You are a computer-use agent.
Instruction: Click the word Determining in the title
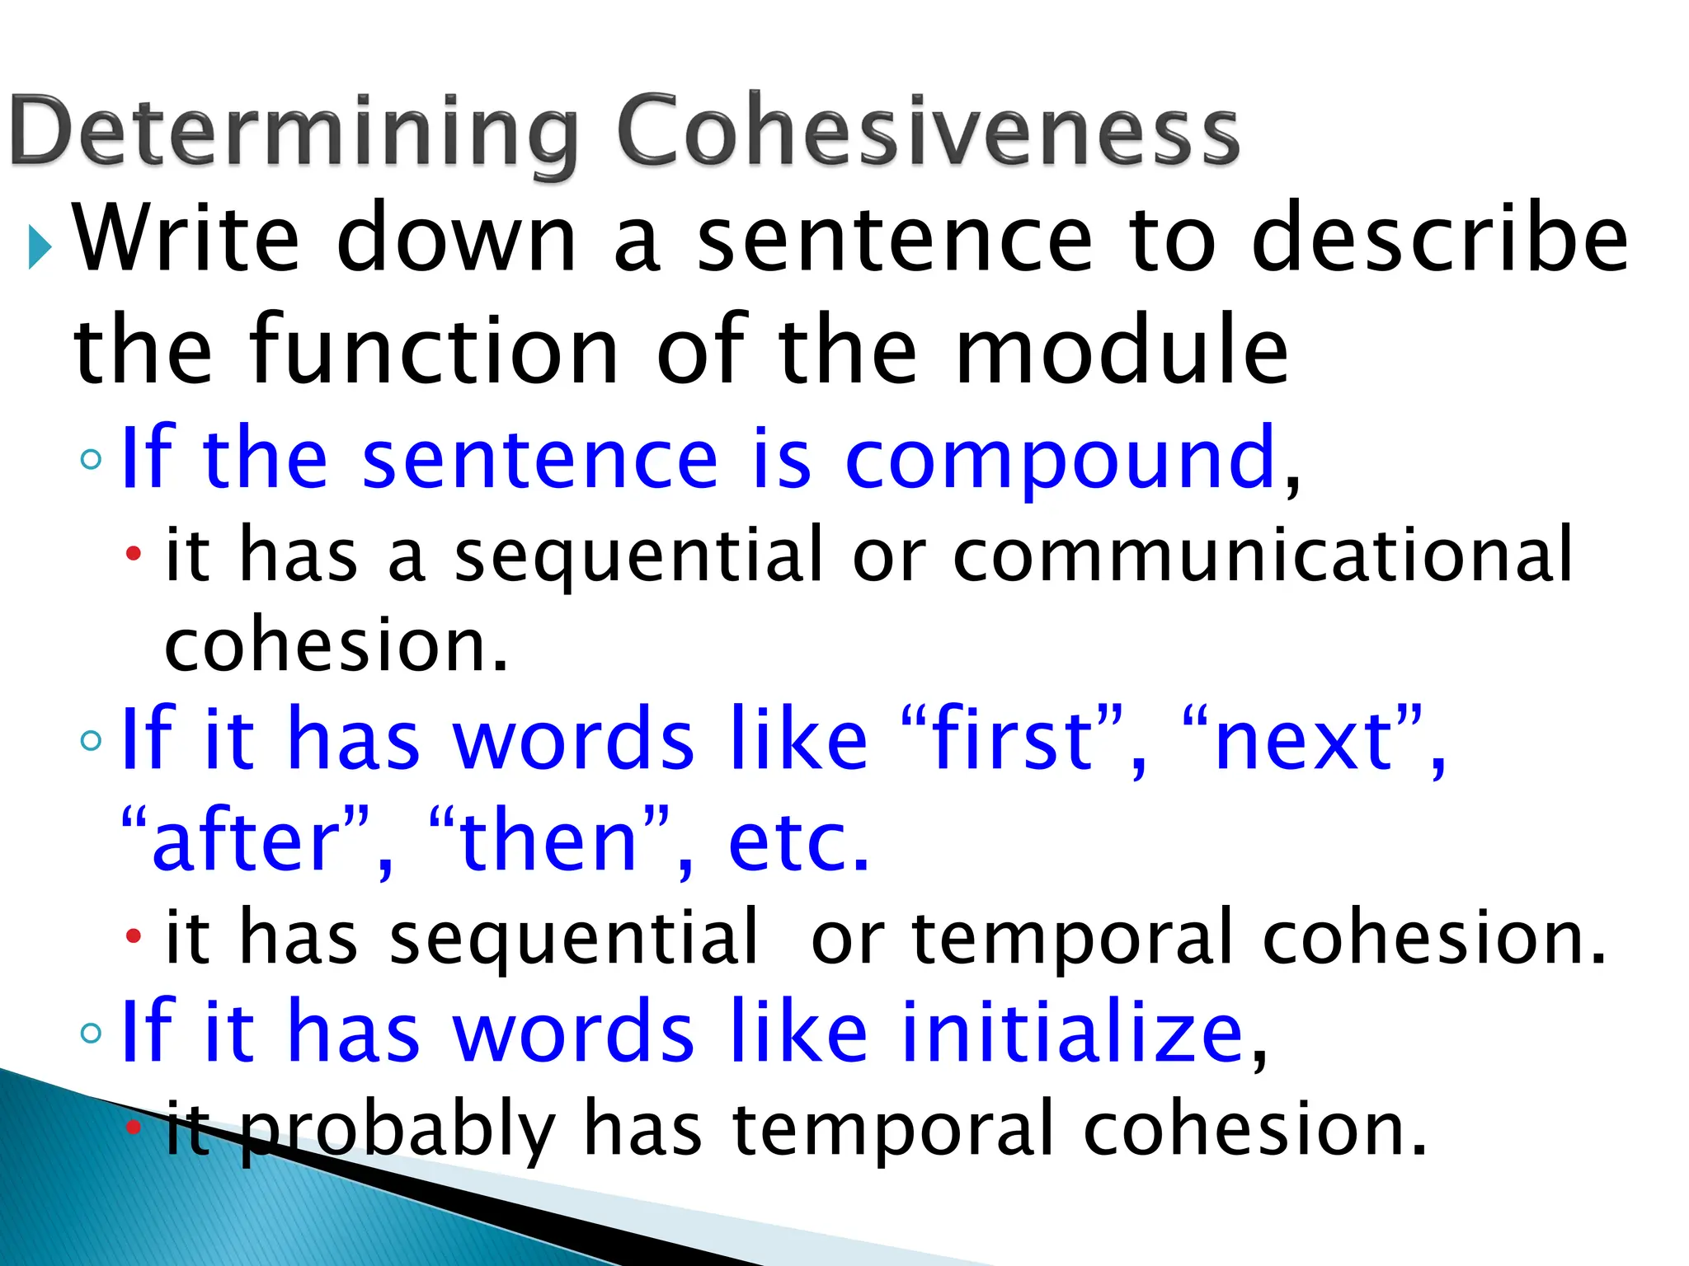point(294,132)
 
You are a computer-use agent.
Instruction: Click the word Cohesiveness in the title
point(928,132)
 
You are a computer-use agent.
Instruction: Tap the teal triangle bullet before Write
point(39,246)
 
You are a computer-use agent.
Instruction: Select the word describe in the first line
point(1439,239)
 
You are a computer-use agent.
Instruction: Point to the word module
point(1121,353)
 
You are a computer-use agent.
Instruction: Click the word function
point(433,353)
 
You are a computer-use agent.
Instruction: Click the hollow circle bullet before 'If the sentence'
point(92,460)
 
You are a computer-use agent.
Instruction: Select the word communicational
point(1263,555)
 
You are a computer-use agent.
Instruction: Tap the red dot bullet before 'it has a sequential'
point(134,552)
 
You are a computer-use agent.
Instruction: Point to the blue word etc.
point(798,842)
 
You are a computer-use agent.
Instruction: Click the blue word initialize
point(1071,1031)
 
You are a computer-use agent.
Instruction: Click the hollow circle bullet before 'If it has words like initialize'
point(92,1032)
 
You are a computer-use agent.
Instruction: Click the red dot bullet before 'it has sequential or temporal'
point(134,935)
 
